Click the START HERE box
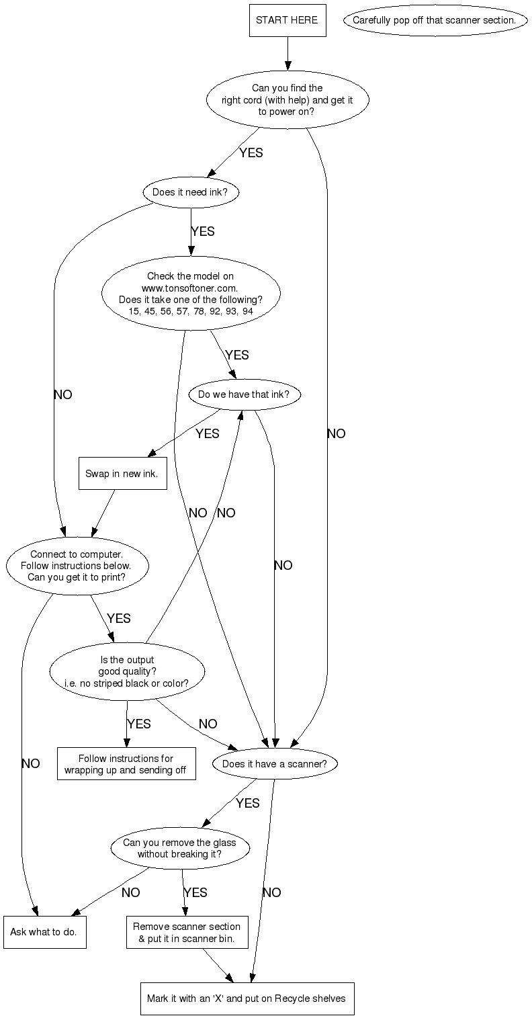click(x=287, y=21)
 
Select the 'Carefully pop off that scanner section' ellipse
click(x=434, y=21)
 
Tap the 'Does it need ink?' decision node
click(x=191, y=192)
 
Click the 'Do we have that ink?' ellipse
click(x=243, y=394)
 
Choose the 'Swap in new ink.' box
click(x=122, y=474)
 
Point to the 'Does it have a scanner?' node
click(x=275, y=764)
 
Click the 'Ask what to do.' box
click(x=44, y=932)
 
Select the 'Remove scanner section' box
click(x=187, y=932)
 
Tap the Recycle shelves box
click(x=247, y=999)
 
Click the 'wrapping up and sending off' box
click(x=126, y=764)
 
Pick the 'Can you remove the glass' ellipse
click(x=179, y=849)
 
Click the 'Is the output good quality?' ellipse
click(x=127, y=671)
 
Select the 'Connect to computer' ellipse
click(x=77, y=566)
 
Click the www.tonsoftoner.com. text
click(x=190, y=288)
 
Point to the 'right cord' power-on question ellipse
click(x=287, y=99)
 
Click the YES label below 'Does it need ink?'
click(x=203, y=232)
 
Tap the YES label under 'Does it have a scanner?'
click(x=248, y=804)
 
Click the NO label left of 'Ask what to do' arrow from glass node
click(x=131, y=893)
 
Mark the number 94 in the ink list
click(x=248, y=311)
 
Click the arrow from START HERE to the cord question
click(x=287, y=54)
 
